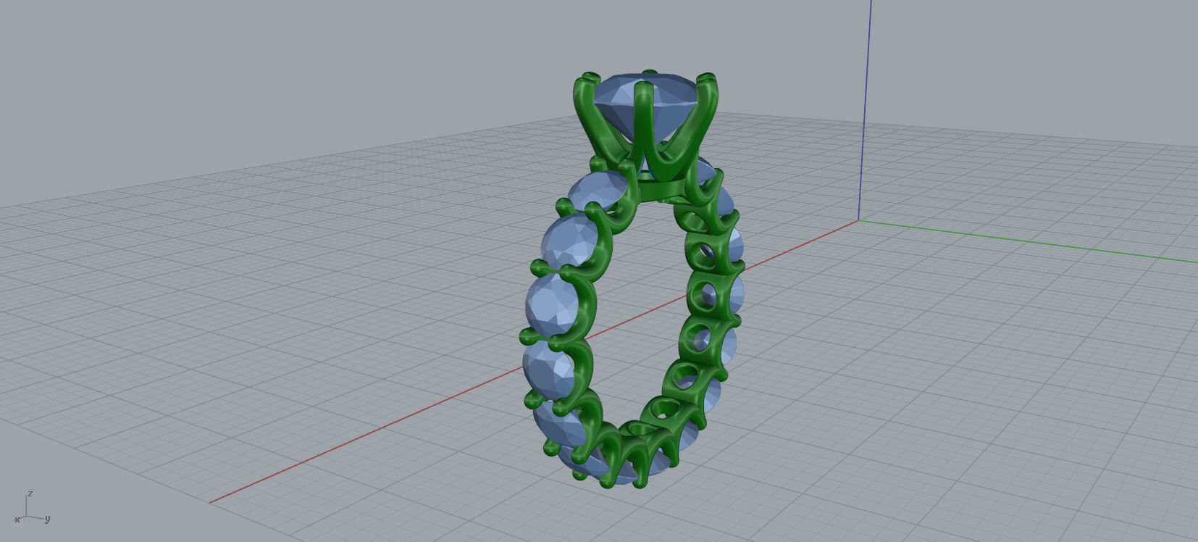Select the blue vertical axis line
[x=864, y=109]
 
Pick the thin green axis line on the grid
[x=1029, y=240]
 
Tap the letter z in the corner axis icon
[x=30, y=493]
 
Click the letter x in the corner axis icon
[x=17, y=520]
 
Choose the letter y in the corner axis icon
[x=47, y=519]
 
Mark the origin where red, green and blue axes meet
[x=858, y=220]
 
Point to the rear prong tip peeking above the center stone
[x=650, y=72]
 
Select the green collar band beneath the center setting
[x=670, y=190]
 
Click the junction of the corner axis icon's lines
[x=27, y=516]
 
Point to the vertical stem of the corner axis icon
[x=27, y=506]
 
